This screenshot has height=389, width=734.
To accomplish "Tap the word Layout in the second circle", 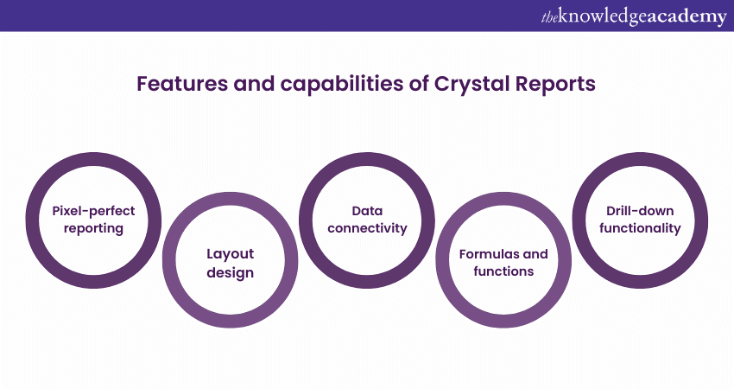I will (x=230, y=253).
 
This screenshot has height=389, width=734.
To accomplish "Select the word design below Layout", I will (x=230, y=272).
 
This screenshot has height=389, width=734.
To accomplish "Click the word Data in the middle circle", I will (x=367, y=210).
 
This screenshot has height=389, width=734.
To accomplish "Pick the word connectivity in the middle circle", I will (x=367, y=229).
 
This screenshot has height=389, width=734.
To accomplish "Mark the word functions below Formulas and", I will (x=503, y=271).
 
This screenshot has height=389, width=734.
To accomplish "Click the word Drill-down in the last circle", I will (x=639, y=210).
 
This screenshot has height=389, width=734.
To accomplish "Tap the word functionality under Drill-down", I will (x=639, y=229).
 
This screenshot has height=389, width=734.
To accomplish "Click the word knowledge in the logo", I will (x=599, y=17).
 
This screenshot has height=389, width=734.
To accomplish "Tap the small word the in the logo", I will (x=550, y=17).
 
